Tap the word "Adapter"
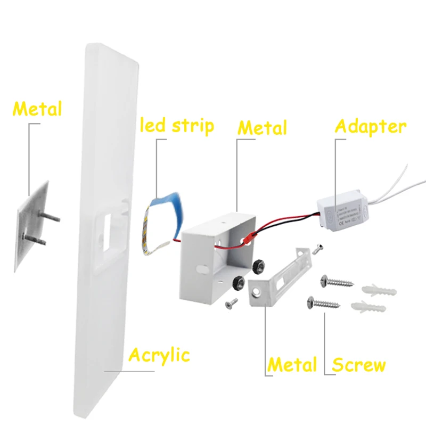point(371,126)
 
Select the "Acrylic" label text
point(160,354)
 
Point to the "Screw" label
point(358,365)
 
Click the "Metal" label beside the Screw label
point(292,365)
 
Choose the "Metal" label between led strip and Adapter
point(262,128)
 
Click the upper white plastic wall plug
point(378,290)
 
